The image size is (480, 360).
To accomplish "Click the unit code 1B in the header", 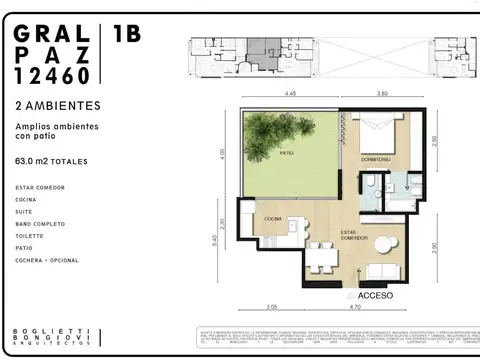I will pyautogui.click(x=127, y=34).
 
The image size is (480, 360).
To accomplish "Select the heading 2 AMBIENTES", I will pyautogui.click(x=57, y=105).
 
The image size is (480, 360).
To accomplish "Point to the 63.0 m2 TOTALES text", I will pyautogui.click(x=52, y=161).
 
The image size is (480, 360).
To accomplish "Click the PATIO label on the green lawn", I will pyautogui.click(x=287, y=153).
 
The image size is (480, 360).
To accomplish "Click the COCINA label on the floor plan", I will pyautogui.click(x=273, y=218).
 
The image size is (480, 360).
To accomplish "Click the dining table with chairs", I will pyautogui.click(x=321, y=257).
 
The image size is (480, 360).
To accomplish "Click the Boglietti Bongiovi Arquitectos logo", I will pyautogui.click(x=50, y=338).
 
